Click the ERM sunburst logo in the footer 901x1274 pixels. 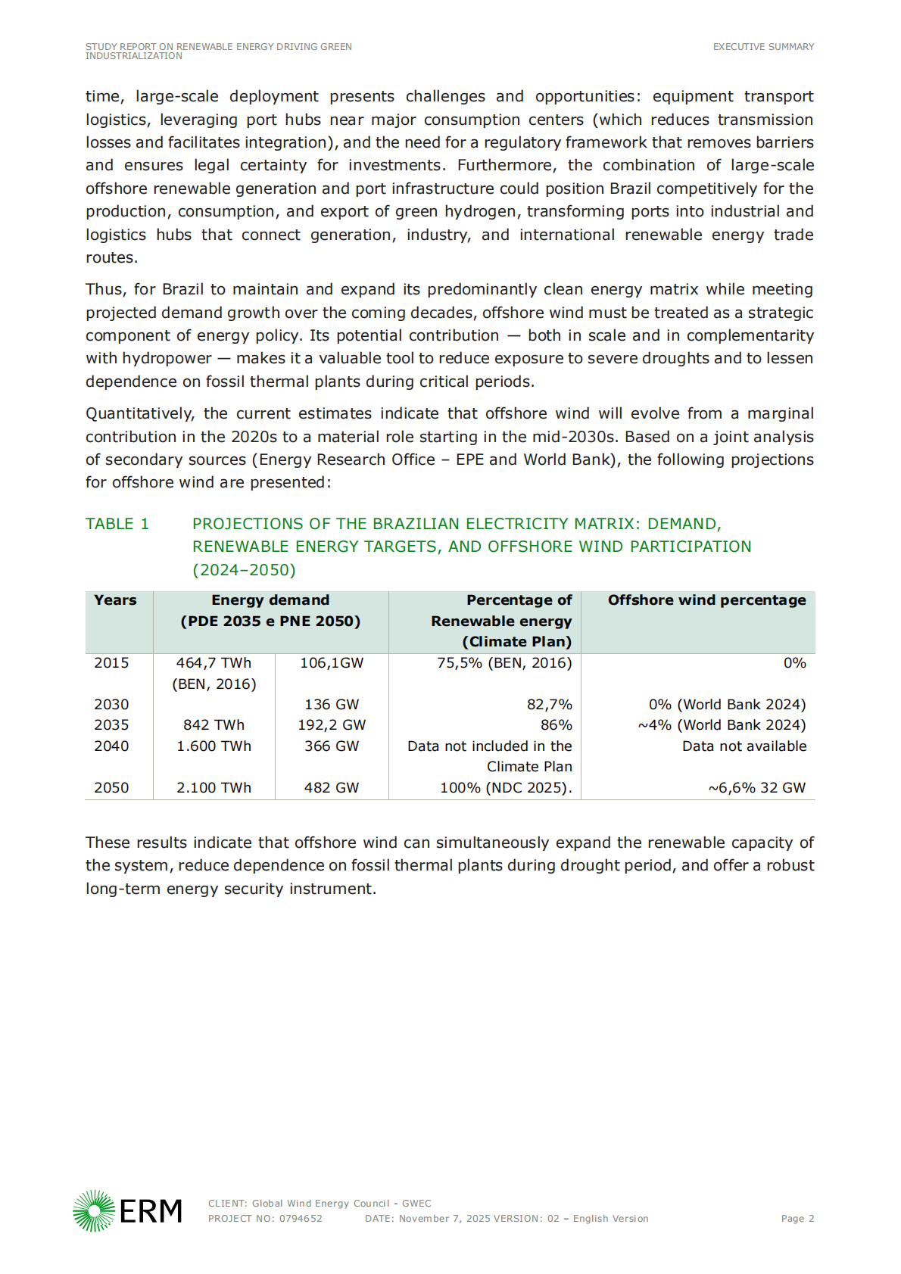(x=94, y=1210)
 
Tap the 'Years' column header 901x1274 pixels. (x=115, y=600)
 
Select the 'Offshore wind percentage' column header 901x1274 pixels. (x=706, y=600)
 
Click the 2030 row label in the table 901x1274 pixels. (x=111, y=705)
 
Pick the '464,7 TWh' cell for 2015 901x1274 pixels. (x=214, y=663)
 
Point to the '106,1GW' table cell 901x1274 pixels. (x=332, y=663)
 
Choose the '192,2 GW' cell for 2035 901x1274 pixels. (x=332, y=725)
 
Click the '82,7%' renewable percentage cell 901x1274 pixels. (x=549, y=705)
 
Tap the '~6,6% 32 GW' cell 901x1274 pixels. (x=756, y=788)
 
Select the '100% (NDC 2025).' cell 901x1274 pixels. (x=506, y=788)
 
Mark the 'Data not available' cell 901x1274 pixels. (x=744, y=746)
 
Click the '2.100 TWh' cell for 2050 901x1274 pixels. (x=214, y=788)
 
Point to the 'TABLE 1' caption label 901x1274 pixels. (x=117, y=524)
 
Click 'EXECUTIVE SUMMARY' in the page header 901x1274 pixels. (x=763, y=47)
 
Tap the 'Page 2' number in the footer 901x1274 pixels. (x=797, y=1219)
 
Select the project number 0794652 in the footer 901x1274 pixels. (x=301, y=1219)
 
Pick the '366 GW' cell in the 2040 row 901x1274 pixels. (x=332, y=746)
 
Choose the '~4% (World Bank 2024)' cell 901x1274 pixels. (x=722, y=725)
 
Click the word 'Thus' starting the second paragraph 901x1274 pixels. (x=104, y=290)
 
